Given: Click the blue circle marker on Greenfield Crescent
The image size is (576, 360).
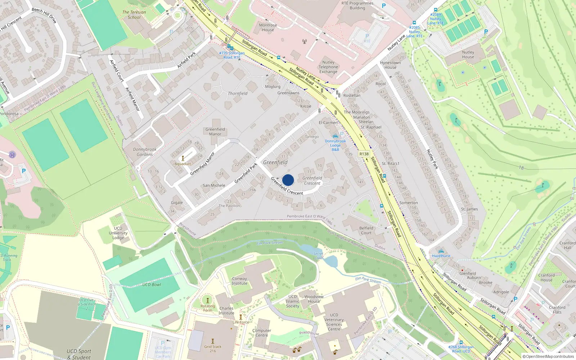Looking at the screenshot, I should click(x=288, y=180).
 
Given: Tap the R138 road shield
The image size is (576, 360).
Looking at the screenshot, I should click(x=364, y=154).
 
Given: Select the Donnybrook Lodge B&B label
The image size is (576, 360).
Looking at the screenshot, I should click(x=335, y=145).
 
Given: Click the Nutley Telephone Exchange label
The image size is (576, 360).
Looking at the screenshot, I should click(x=328, y=67).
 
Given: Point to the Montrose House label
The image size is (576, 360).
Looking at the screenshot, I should click(x=268, y=27).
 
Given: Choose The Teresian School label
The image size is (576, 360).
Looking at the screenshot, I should click(x=134, y=15).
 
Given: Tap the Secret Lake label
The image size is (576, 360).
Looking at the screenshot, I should click(x=318, y=256).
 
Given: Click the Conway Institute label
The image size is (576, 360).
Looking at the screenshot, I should click(x=239, y=281).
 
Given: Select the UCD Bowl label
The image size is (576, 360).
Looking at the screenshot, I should click(x=152, y=284).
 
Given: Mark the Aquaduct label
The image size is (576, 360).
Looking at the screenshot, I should click(x=183, y=164).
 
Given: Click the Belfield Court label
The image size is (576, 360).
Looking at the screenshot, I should click(x=366, y=230).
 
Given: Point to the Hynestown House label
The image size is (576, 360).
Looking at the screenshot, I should click(x=390, y=65).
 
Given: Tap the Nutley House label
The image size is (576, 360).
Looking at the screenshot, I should click(x=468, y=54).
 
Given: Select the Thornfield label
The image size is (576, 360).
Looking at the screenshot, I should click(x=238, y=94).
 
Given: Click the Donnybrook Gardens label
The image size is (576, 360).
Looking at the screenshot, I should click(x=145, y=152).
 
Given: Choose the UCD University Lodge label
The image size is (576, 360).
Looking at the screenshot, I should click(x=118, y=233).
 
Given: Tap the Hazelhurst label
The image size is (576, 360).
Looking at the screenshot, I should click(x=441, y=256).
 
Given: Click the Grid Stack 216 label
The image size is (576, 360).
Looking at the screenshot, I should click(x=213, y=348).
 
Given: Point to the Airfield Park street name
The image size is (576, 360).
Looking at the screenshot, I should click(x=186, y=60).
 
